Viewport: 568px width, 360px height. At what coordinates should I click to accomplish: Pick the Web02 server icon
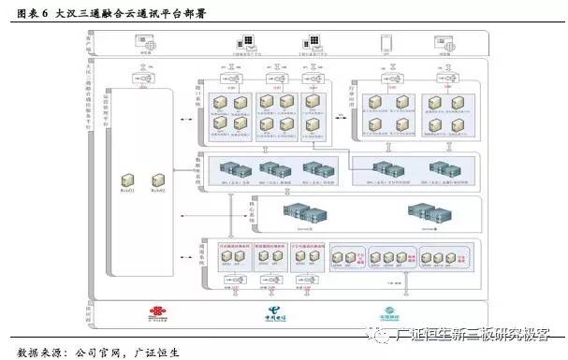coord(155,178)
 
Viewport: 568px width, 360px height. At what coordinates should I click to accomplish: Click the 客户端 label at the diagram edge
coord(90,44)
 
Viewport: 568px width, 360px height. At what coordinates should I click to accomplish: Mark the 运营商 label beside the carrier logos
coord(90,311)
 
